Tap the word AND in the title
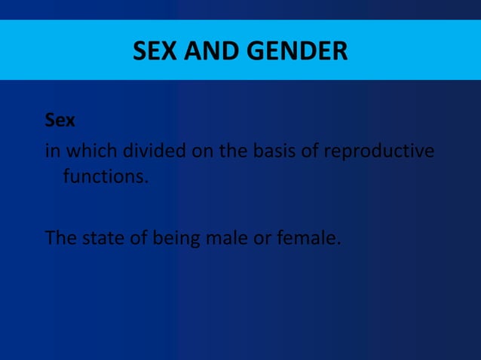click(x=204, y=51)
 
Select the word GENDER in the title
click(x=293, y=51)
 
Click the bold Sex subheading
click(x=60, y=120)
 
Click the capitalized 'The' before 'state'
click(x=60, y=238)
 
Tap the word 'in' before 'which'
click(x=53, y=151)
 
